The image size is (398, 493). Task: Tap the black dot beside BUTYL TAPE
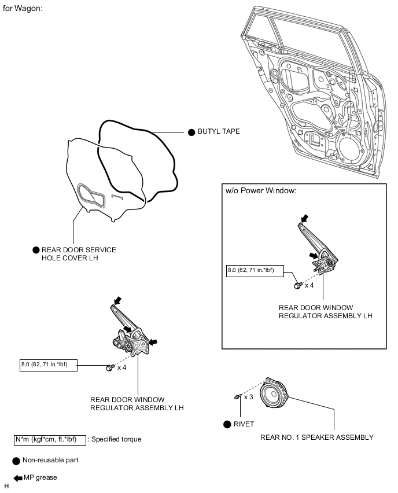[x=193, y=132]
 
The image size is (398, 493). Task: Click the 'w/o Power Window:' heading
[x=261, y=191]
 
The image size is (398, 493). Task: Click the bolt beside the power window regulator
[x=109, y=368]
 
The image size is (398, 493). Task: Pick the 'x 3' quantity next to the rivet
[x=249, y=397]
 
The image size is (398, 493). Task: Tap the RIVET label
[x=244, y=424]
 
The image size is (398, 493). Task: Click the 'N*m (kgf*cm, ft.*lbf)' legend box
[x=50, y=439]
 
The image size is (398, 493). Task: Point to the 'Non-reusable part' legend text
[x=50, y=460]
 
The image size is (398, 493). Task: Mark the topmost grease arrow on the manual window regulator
[x=305, y=219]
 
